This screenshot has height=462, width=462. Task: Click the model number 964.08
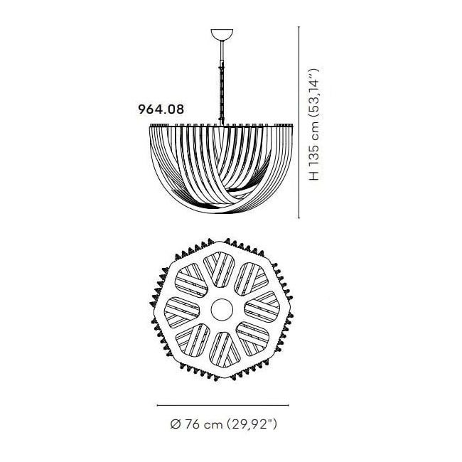tap(161, 109)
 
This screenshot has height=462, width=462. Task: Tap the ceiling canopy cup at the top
tap(222, 34)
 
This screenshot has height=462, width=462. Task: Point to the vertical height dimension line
tap(299, 122)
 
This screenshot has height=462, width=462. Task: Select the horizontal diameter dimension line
tap(223, 405)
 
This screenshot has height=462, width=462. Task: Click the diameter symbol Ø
tap(176, 424)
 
